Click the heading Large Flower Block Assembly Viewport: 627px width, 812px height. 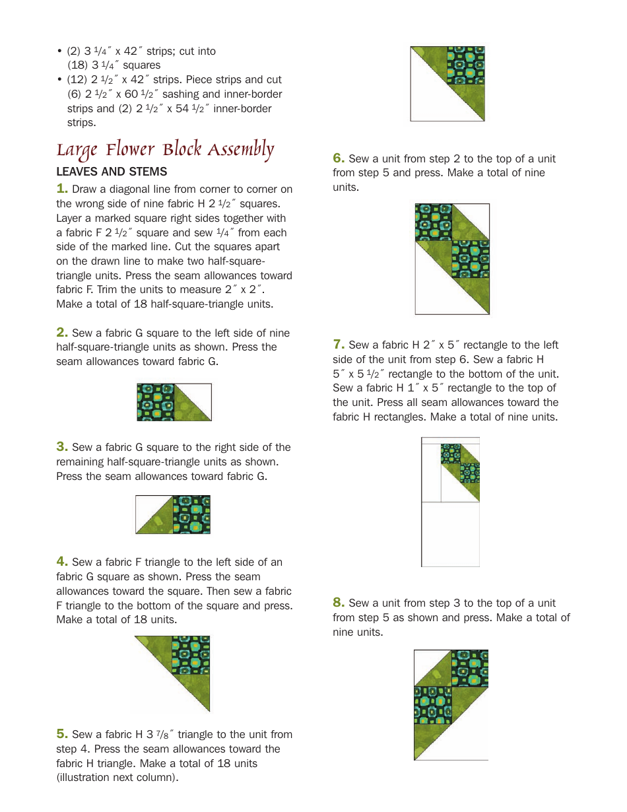point(164,149)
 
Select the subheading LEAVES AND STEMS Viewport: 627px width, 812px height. point(112,172)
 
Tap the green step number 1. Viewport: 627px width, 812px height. point(62,189)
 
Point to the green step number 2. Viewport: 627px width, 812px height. point(62,333)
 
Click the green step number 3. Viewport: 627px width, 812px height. point(62,447)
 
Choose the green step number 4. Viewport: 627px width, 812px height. point(62,562)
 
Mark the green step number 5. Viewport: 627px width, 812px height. point(62,734)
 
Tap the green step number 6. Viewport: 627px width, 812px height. point(339,158)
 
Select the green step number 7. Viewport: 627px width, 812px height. point(339,345)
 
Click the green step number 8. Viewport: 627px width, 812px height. point(339,603)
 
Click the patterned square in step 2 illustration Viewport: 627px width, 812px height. point(156,402)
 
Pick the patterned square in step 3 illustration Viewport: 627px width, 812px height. point(191,514)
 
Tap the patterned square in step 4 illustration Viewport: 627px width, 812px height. point(191,655)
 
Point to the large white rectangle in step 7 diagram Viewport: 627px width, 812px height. point(450,534)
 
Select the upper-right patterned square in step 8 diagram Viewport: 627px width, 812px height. point(469,668)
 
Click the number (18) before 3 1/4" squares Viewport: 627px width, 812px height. point(78,65)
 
